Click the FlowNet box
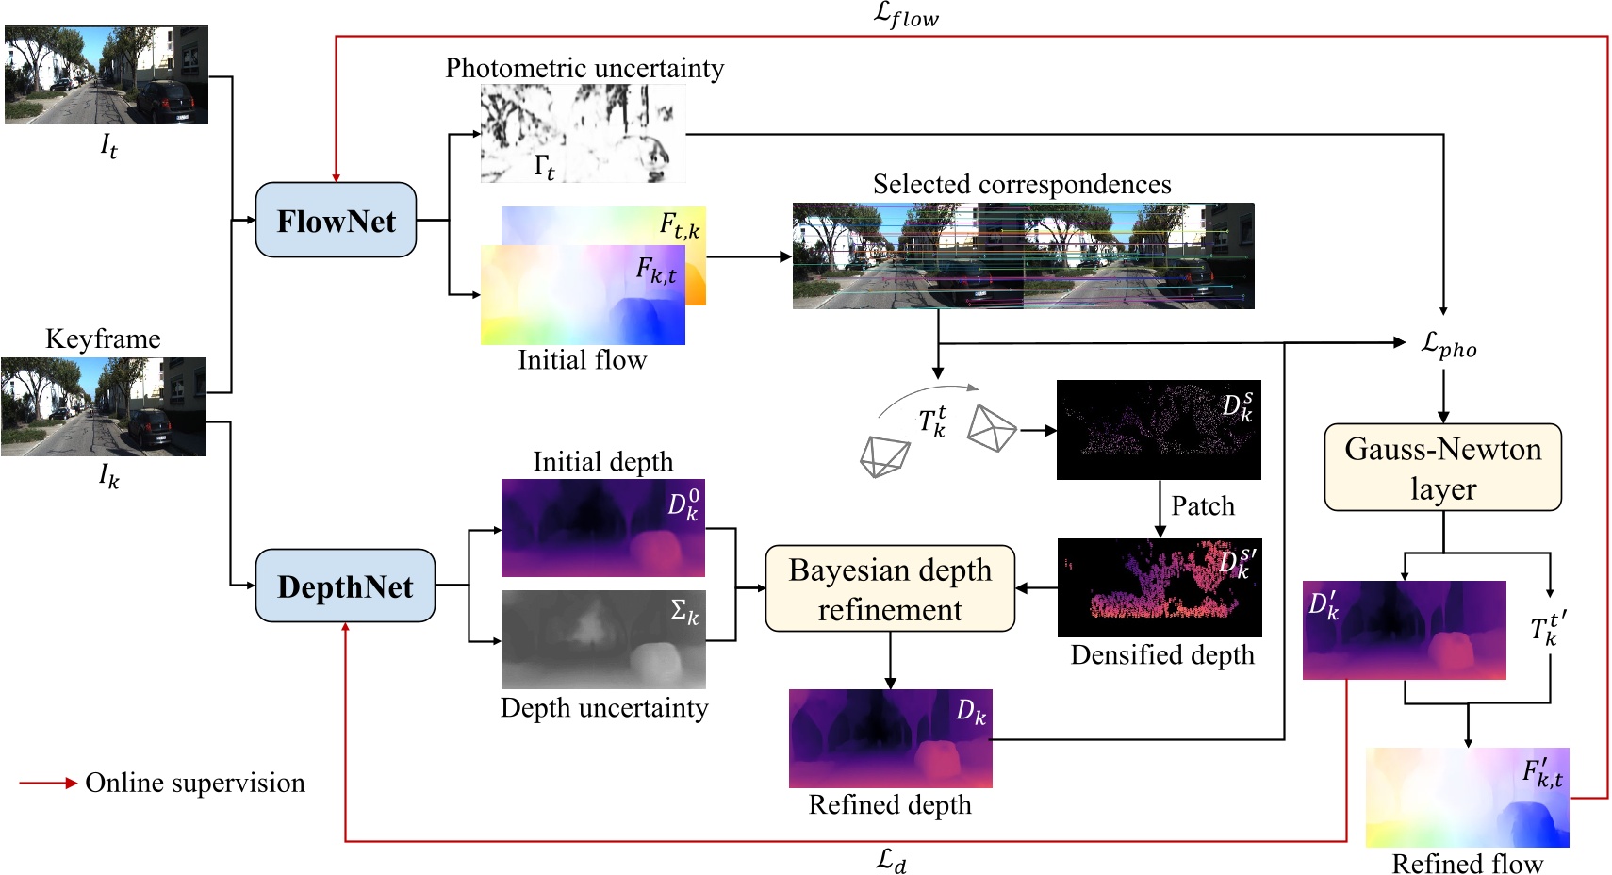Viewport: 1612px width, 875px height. pos(336,221)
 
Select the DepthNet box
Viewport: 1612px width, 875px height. pos(345,586)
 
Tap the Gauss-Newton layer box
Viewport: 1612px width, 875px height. pos(1442,468)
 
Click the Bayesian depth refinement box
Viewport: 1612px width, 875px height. pos(890,589)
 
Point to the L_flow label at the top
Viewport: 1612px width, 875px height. pos(906,15)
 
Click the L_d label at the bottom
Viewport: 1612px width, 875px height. pos(891,859)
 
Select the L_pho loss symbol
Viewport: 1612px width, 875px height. pos(1448,345)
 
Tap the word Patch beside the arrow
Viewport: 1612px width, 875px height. pos(1202,506)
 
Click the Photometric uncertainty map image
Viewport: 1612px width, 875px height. pos(583,133)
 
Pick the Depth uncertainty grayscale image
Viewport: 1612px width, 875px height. pos(603,639)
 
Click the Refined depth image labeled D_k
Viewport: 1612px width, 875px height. pos(890,738)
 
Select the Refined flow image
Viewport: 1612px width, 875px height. pos(1467,798)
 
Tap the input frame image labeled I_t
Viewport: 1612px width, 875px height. pos(106,74)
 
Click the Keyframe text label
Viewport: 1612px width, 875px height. pos(103,338)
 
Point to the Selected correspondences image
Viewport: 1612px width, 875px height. pos(1023,256)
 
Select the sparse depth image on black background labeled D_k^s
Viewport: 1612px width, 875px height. pos(1159,430)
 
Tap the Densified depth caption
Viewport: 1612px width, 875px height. pos(1162,654)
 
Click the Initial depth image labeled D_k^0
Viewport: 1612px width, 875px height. pos(602,528)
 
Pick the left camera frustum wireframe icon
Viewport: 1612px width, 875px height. pos(884,457)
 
